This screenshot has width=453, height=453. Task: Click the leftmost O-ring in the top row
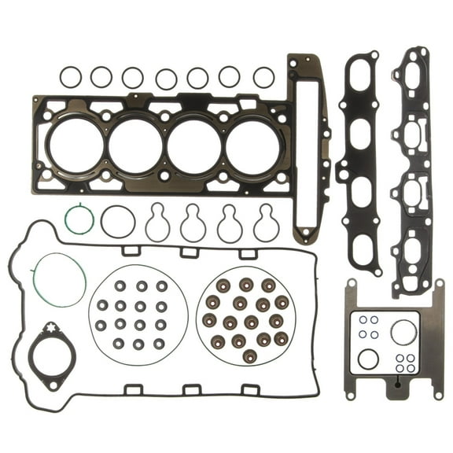tap(70, 76)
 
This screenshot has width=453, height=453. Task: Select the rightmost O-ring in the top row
tap(264, 77)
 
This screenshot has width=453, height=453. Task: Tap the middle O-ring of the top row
tap(166, 78)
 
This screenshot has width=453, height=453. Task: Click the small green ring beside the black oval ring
tap(79, 219)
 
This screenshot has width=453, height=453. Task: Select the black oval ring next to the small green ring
tap(117, 221)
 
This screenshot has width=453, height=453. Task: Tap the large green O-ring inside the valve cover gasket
tap(59, 279)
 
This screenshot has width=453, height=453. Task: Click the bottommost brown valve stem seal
tap(249, 356)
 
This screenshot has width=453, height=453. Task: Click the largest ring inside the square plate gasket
tap(403, 332)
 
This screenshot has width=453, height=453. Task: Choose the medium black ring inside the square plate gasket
tap(367, 359)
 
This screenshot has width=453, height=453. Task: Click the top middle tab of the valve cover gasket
tap(190, 252)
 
